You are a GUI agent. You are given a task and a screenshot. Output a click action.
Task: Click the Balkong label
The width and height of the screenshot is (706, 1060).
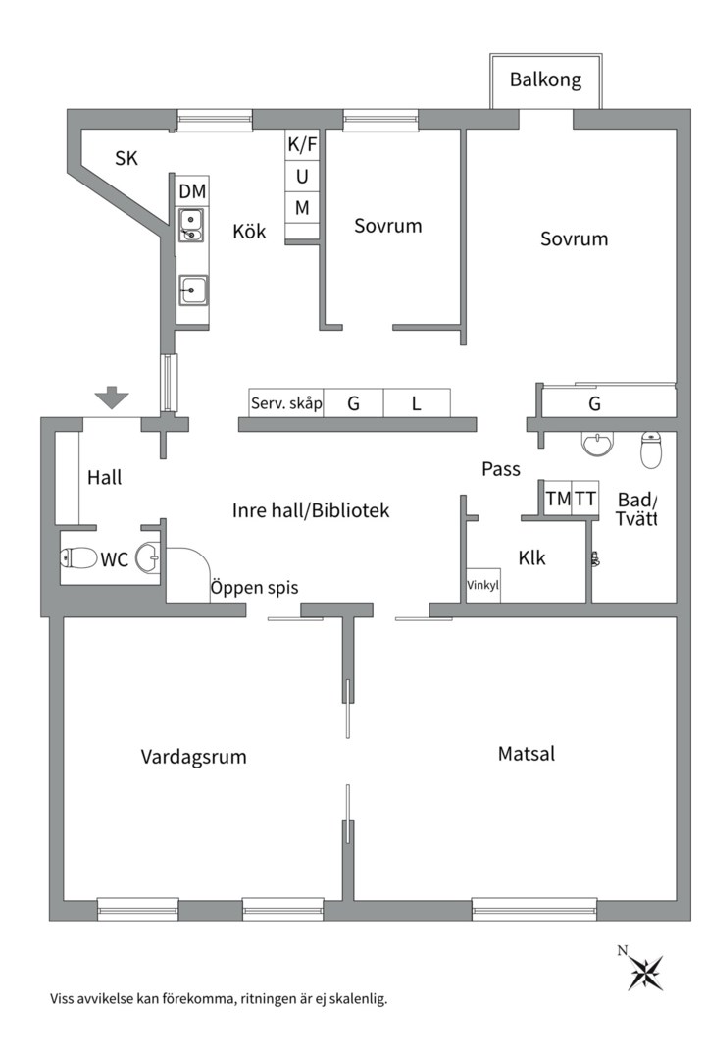545,79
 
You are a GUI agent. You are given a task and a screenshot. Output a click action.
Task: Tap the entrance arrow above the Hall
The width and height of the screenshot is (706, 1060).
112,397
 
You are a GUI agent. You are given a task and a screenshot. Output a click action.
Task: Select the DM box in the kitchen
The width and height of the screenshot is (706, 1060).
192,190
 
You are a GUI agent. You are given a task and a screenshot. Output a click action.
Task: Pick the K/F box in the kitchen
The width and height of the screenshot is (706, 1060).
302,145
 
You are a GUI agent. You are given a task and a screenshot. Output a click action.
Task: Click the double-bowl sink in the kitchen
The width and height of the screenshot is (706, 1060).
191,226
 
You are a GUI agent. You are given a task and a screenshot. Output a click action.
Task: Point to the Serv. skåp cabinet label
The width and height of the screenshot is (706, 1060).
285,403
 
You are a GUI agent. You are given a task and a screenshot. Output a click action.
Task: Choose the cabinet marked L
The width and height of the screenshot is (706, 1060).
416,403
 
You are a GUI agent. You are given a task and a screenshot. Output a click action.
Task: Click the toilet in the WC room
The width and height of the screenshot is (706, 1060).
78,558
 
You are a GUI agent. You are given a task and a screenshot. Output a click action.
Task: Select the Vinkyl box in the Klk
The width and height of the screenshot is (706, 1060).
482,586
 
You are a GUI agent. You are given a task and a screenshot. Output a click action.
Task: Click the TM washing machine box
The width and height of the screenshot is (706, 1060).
558,499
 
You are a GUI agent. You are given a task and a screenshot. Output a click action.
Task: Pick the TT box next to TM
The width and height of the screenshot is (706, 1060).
585,499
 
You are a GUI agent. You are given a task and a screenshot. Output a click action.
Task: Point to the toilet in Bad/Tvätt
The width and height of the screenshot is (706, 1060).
652,450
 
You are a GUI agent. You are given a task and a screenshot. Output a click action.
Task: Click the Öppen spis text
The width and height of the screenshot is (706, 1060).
254,588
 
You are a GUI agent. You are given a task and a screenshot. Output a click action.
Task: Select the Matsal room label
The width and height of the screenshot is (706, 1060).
527,754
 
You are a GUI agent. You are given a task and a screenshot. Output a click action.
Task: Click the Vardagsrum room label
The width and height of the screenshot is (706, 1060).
193,757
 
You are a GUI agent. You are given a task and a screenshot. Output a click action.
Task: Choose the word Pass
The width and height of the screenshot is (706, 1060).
500,469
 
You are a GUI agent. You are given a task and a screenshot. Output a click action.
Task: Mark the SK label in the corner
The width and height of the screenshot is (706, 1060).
126,158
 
